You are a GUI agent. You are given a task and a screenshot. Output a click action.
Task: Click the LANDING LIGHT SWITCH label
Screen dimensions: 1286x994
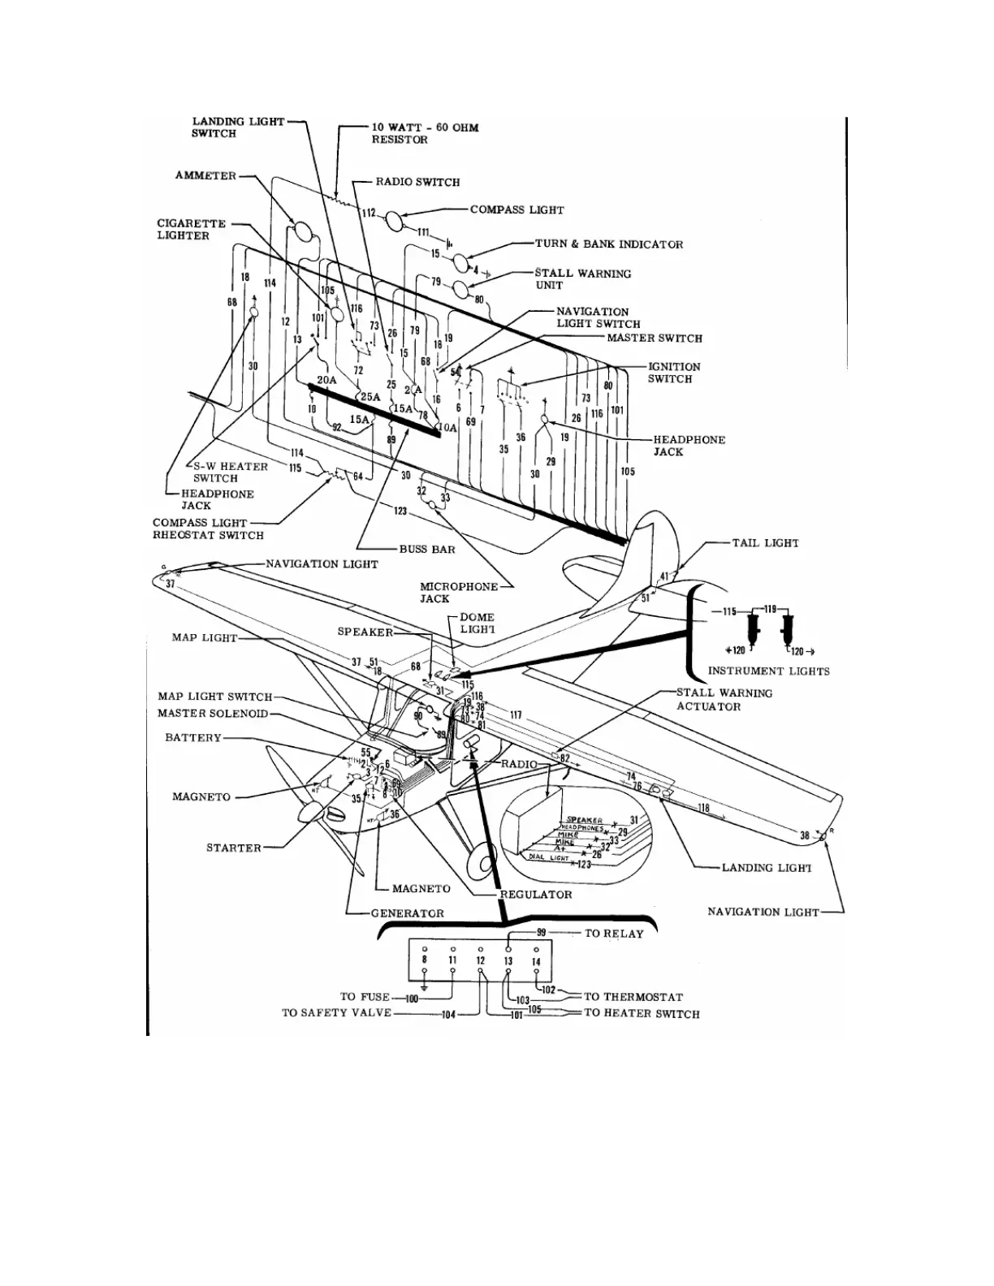237,127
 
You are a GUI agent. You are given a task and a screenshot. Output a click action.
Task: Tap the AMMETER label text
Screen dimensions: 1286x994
205,176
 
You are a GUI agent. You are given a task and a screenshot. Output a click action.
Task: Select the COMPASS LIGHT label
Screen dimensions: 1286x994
516,209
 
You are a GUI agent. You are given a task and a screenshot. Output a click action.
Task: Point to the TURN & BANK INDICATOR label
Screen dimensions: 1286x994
608,244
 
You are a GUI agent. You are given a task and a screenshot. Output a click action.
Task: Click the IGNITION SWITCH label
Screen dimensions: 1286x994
674,373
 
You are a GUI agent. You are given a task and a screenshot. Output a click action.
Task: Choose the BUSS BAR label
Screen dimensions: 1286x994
427,550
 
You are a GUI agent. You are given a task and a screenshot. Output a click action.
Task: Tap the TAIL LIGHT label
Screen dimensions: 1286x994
765,543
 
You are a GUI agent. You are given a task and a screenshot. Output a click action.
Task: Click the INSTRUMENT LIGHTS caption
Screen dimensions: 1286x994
768,671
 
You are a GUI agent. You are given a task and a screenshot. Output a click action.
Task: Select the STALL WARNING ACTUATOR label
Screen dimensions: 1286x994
724,700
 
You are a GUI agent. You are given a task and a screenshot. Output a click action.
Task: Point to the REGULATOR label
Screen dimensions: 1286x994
535,895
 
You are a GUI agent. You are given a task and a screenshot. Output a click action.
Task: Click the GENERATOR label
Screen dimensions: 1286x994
407,913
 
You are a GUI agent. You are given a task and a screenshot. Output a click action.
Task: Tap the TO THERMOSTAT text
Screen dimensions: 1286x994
633,997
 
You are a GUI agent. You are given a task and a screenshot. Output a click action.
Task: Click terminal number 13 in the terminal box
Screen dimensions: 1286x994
508,961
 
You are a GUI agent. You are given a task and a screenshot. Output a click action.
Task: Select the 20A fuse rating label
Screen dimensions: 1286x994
326,380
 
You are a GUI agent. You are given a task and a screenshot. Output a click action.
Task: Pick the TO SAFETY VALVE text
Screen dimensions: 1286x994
336,1014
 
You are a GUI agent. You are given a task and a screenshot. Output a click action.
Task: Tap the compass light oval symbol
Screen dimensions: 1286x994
392,220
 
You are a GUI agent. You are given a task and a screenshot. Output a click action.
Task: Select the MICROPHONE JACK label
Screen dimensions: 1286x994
447,593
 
